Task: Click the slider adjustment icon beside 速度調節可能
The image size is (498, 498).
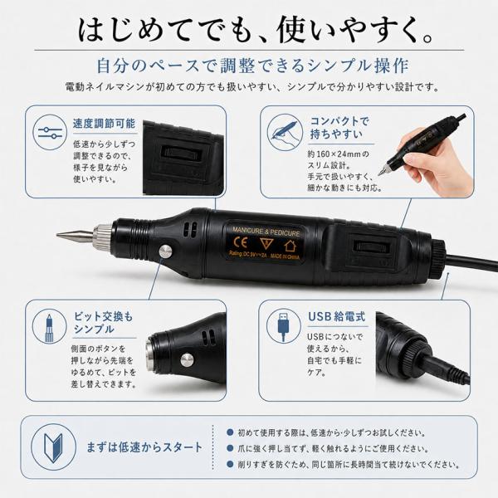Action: (50, 133)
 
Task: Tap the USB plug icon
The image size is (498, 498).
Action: (283, 326)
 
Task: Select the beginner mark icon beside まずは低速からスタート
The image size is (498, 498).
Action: (53, 447)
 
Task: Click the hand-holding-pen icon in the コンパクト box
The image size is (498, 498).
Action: (284, 131)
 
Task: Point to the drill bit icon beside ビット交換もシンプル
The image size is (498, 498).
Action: (49, 328)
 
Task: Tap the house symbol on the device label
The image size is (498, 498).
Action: (290, 245)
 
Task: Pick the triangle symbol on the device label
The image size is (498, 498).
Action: (266, 243)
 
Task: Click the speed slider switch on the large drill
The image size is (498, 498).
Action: (371, 247)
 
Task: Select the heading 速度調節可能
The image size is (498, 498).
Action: (105, 124)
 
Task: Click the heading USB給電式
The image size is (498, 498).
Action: (337, 317)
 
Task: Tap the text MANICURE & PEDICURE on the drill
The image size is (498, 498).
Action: (266, 232)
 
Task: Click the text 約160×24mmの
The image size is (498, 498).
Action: (339, 154)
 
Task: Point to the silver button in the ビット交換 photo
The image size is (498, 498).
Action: (187, 360)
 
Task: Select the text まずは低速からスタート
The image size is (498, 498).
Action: (144, 447)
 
